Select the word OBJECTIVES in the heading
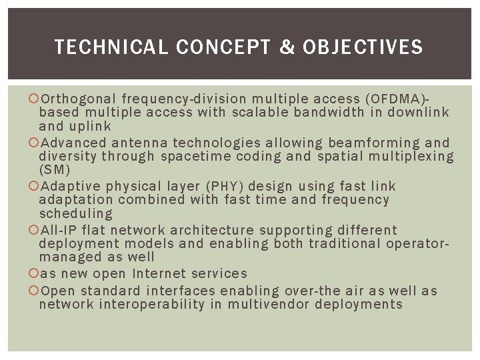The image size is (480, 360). [x=363, y=47]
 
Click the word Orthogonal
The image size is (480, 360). [x=79, y=99]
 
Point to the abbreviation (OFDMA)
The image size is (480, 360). [x=407, y=99]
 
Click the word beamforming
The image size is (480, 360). [x=375, y=143]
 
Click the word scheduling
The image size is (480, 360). [x=76, y=214]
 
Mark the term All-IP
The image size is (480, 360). [x=59, y=230]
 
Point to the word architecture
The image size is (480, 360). [x=212, y=230]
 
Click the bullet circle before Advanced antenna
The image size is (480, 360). [x=35, y=143]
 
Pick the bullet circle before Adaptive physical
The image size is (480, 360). [x=35, y=186]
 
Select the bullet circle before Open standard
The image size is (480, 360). [x=35, y=291]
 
